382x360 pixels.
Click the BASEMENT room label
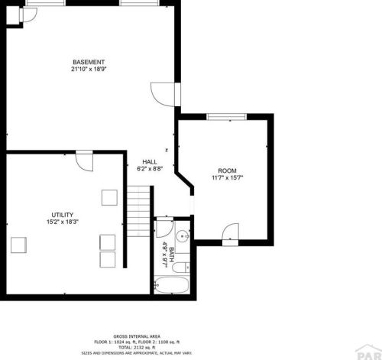89,62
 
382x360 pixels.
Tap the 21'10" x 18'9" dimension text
89,69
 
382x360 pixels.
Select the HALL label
150,162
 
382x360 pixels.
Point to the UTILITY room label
63,215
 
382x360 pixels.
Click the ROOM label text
227,170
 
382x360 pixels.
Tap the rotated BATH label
172,255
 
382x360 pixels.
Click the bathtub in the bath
171,285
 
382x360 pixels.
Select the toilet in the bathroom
181,268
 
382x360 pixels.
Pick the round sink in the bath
183,236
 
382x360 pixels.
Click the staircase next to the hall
139,211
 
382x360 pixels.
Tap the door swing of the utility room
85,161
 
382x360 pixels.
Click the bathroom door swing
164,228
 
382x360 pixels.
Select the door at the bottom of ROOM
231,234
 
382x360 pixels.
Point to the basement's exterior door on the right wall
166,94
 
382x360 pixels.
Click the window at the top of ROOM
226,117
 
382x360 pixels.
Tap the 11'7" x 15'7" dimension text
228,177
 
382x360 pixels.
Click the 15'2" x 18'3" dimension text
63,222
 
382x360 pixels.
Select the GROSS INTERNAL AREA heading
137,336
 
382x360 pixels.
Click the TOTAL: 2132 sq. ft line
137,348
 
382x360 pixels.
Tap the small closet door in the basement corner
28,15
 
